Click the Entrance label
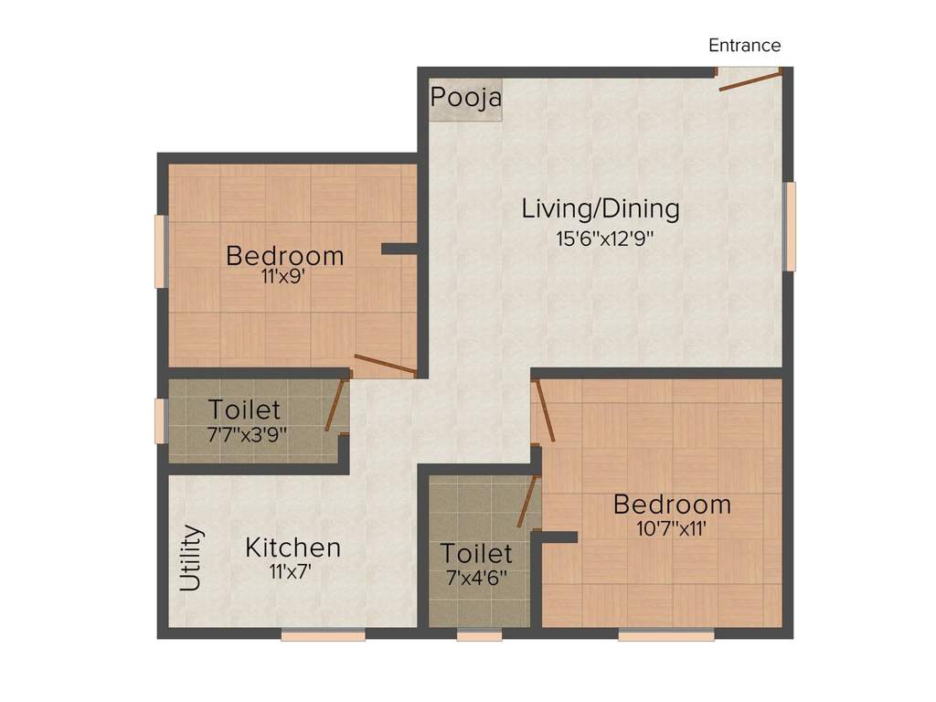[x=744, y=46]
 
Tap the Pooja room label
[x=466, y=97]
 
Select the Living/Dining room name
[x=601, y=209]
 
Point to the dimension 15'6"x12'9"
[x=605, y=239]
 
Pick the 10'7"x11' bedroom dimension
[x=672, y=528]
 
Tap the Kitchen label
[x=293, y=548]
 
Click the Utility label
[x=191, y=558]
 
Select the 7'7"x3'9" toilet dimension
[x=247, y=434]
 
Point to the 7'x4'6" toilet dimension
[x=476, y=578]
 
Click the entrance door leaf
[x=750, y=80]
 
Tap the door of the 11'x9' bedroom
[x=386, y=366]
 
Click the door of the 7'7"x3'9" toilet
[x=336, y=403]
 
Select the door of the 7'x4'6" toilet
[x=528, y=502]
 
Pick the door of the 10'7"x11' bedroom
[x=545, y=412]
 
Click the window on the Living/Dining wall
[x=789, y=227]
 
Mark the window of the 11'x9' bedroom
[x=161, y=251]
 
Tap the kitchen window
[x=323, y=635]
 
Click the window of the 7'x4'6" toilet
[x=479, y=635]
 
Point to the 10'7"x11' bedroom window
[x=666, y=635]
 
